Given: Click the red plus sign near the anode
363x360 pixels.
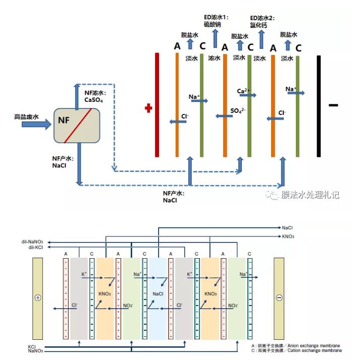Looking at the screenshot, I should click(x=148, y=108).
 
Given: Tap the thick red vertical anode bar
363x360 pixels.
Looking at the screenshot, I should click(x=157, y=105).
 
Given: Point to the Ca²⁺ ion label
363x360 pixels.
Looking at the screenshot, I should click(x=243, y=91).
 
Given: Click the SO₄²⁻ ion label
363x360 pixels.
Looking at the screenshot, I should click(x=237, y=110).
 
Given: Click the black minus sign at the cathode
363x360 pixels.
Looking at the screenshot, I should click(x=333, y=105).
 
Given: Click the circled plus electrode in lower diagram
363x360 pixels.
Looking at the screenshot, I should click(x=37, y=297).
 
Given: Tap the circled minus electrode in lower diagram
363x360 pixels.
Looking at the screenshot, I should click(x=279, y=297).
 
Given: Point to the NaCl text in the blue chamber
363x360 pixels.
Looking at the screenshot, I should click(x=158, y=293).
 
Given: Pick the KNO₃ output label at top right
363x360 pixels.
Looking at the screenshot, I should click(x=288, y=236).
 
